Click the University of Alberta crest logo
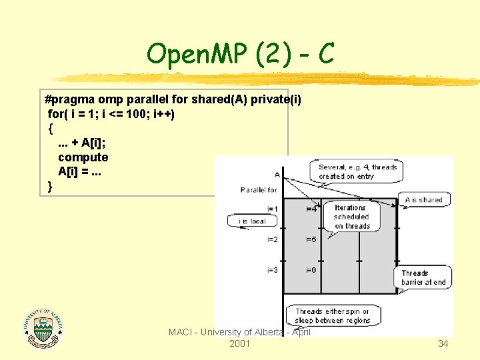click(43, 329)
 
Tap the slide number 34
click(443, 343)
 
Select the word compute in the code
click(83, 157)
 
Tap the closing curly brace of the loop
click(51, 186)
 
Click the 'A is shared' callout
click(423, 200)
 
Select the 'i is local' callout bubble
click(251, 221)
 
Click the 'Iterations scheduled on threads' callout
click(351, 217)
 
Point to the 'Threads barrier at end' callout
click(424, 277)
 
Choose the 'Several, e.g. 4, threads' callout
click(357, 171)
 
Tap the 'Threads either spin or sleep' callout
click(333, 315)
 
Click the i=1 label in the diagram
click(272, 209)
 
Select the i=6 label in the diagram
click(311, 270)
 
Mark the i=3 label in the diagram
click(272, 270)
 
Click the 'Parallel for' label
click(259, 190)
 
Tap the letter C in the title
click(326, 53)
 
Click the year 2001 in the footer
click(239, 343)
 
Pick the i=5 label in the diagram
click(311, 239)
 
